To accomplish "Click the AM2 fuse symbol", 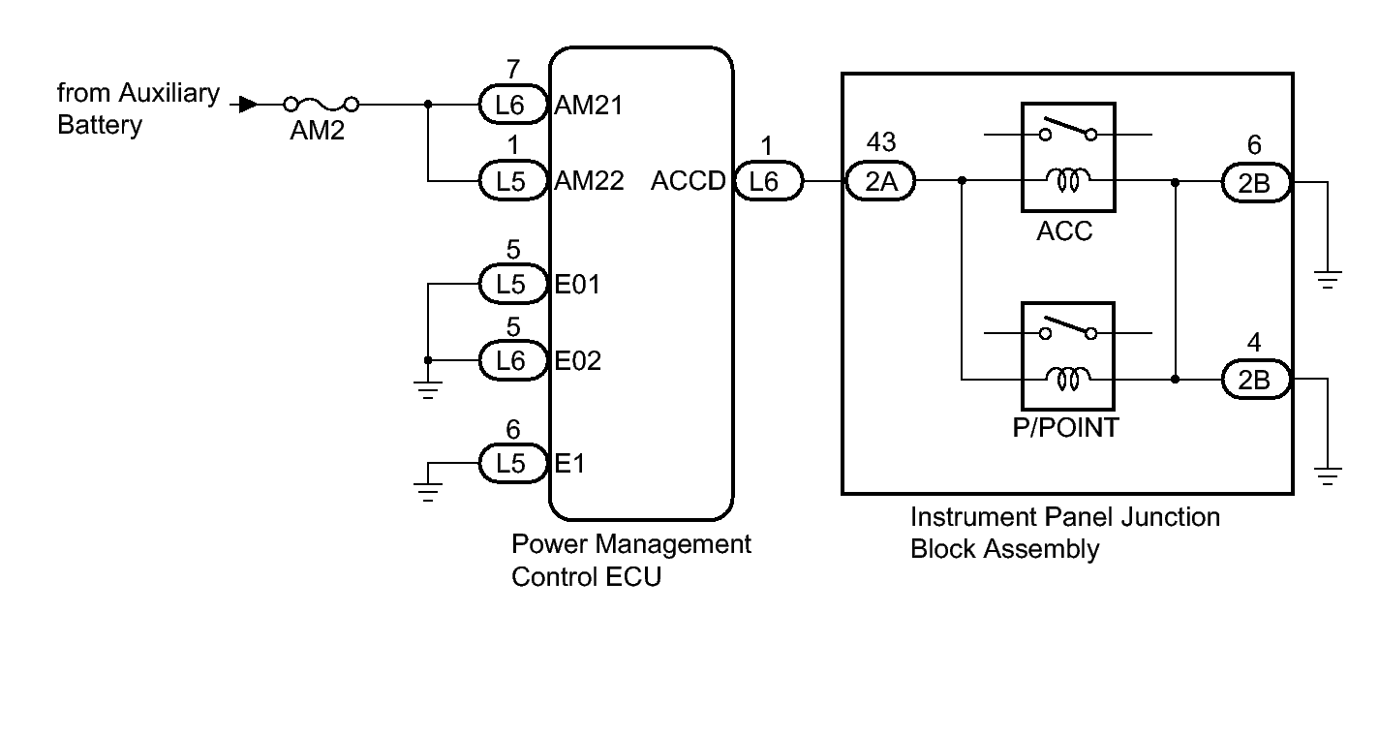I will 321,104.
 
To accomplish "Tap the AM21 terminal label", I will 589,106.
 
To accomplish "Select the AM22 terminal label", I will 589,181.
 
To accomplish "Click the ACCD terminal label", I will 689,181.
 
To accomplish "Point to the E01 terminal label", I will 578,285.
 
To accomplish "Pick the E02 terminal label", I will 578,361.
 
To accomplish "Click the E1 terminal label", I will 569,464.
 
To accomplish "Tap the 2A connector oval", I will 880,181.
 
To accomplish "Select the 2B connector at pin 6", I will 1254,181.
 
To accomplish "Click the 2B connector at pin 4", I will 1254,379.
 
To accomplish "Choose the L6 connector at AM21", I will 510,105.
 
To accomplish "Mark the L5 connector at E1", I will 510,464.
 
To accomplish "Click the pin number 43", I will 880,143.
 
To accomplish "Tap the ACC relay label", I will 1064,231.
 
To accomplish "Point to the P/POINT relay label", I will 1065,428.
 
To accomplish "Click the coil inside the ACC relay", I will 1068,179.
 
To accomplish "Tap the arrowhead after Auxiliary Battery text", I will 249,104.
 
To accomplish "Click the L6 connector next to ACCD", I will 768,181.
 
